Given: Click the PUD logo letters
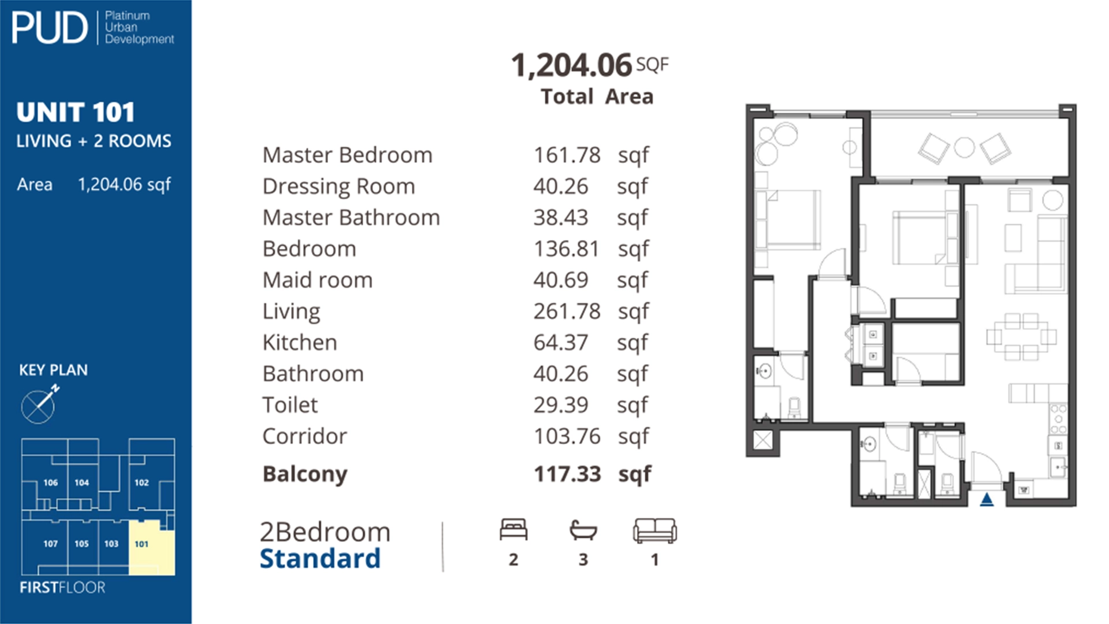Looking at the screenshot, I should [x=49, y=28].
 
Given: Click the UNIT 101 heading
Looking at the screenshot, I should [x=76, y=112].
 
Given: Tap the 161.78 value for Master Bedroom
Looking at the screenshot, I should [x=567, y=155].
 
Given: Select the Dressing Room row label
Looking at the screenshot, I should [x=338, y=187].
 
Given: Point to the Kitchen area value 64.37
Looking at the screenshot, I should [x=560, y=343].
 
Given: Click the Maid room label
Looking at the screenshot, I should [x=317, y=280].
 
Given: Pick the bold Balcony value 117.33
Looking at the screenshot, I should [x=567, y=474].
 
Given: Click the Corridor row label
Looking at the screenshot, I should [x=304, y=436].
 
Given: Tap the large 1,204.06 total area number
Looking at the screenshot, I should [x=571, y=65].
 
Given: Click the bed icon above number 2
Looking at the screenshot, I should [x=513, y=530].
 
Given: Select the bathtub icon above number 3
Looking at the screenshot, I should [x=583, y=530].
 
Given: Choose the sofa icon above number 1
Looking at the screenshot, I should [x=654, y=530].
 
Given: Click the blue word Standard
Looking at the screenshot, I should [x=320, y=559].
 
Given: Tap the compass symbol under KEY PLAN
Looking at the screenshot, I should [x=39, y=406].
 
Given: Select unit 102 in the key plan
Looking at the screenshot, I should [x=142, y=482].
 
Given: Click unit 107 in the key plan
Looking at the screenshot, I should [x=50, y=544].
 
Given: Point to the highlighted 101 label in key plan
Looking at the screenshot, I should [x=142, y=544].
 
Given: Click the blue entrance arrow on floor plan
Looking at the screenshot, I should [x=987, y=499].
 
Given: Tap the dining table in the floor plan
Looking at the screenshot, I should [x=1021, y=336].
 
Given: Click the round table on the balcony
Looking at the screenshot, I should [x=964, y=147].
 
